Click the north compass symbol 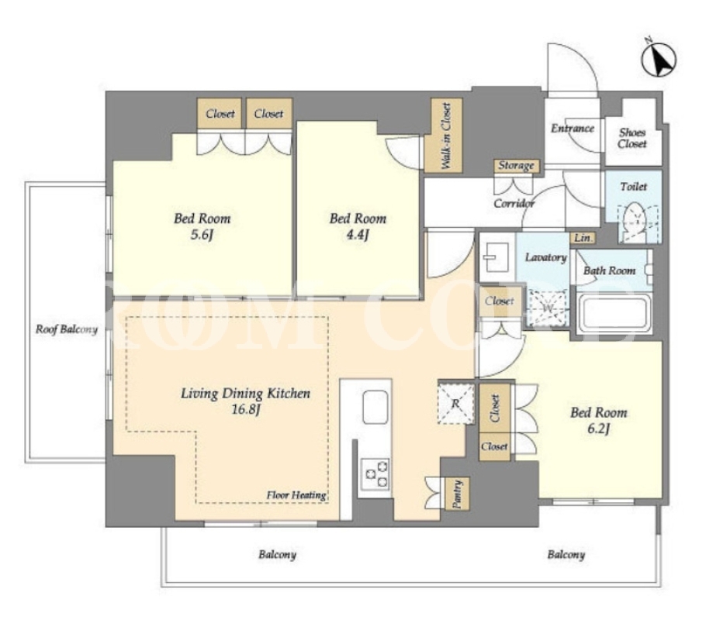click(659, 60)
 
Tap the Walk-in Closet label click(446, 136)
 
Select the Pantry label click(457, 494)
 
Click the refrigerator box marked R click(455, 404)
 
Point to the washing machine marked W click(548, 308)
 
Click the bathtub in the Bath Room click(614, 313)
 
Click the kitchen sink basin click(375, 407)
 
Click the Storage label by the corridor click(516, 166)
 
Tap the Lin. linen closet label click(583, 238)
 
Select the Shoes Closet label click(632, 138)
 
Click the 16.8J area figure click(245, 410)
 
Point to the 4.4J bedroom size click(358, 235)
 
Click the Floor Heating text click(296, 495)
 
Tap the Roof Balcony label click(67, 329)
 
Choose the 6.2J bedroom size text click(598, 429)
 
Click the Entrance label click(573, 128)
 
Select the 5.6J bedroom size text click(201, 235)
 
